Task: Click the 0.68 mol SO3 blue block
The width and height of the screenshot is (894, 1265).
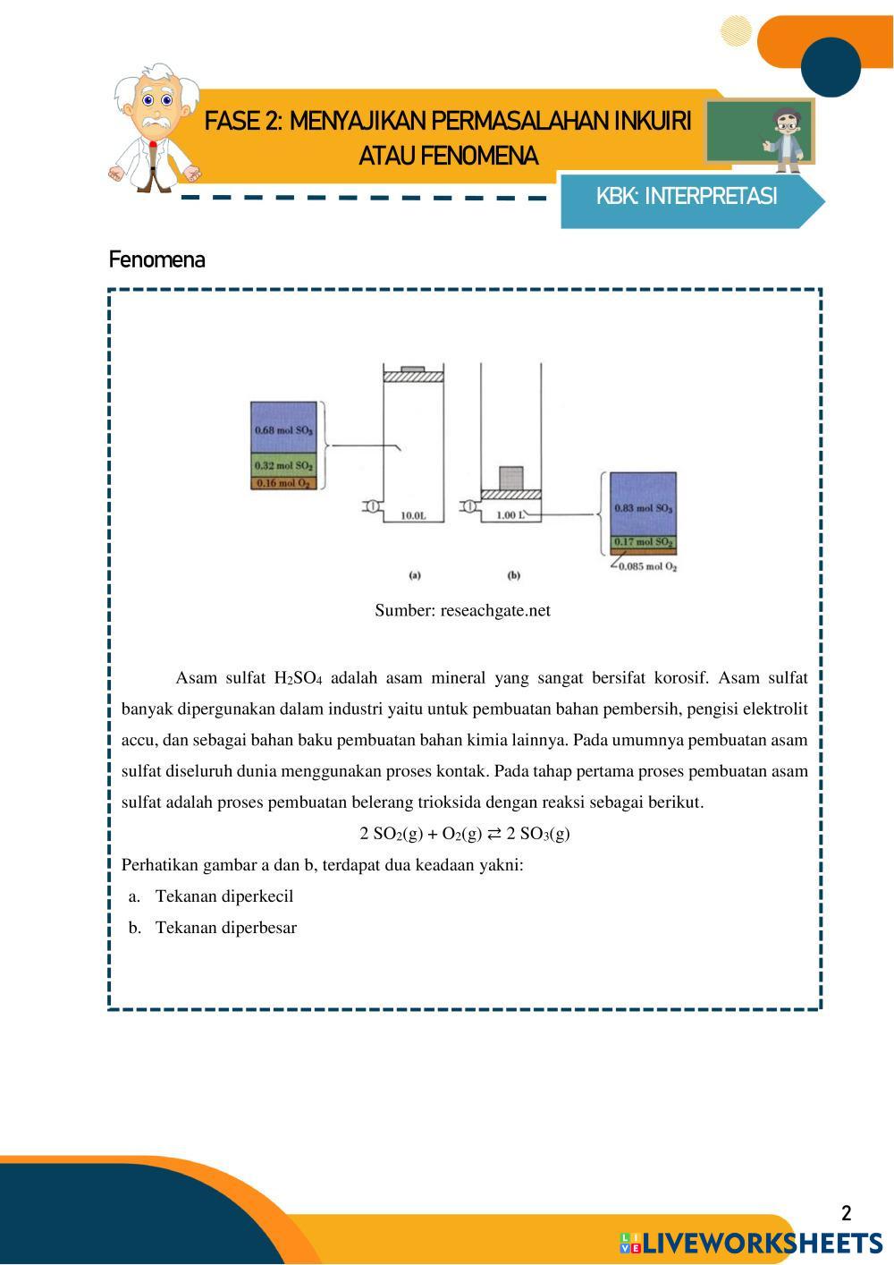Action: pyautogui.click(x=284, y=429)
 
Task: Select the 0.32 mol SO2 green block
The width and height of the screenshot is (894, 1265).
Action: pyautogui.click(x=284, y=465)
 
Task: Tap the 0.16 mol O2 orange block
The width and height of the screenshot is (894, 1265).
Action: pyautogui.click(x=284, y=484)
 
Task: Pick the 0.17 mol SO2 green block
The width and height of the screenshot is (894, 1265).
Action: pyautogui.click(x=643, y=542)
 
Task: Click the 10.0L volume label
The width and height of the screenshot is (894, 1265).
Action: pyautogui.click(x=414, y=516)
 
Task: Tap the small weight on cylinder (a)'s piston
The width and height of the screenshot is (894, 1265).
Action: pyautogui.click(x=413, y=369)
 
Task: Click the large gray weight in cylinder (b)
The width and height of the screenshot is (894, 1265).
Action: pyautogui.click(x=510, y=478)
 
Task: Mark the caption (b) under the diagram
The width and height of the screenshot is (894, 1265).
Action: pyautogui.click(x=514, y=576)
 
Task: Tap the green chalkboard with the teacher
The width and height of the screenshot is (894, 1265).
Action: pyautogui.click(x=760, y=133)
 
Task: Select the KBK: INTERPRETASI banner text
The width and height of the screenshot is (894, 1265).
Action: pyautogui.click(x=687, y=197)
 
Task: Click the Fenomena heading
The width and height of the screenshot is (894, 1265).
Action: pyautogui.click(x=157, y=260)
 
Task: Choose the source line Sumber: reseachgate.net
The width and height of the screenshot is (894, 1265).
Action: pyautogui.click(x=462, y=611)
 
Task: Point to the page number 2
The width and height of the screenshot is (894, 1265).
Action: pyautogui.click(x=846, y=1214)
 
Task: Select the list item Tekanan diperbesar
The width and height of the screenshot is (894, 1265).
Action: pyautogui.click(x=225, y=928)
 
